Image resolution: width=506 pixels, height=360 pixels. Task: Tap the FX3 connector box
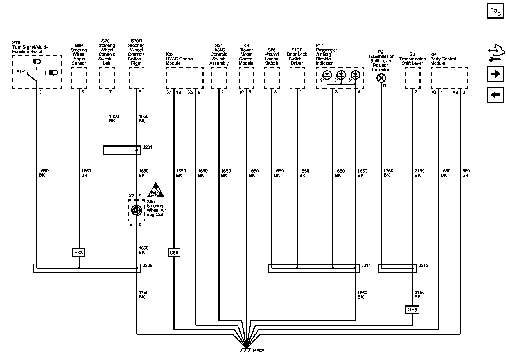(x=79, y=253)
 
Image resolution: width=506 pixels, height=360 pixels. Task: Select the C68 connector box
(x=174, y=253)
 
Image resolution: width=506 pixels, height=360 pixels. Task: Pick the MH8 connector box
(x=412, y=310)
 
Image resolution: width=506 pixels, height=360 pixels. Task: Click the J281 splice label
(x=148, y=147)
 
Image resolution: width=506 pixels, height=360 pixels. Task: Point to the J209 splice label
(x=148, y=265)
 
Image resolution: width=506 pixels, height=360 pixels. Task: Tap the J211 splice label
(x=366, y=265)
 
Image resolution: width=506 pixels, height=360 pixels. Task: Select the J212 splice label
(x=423, y=265)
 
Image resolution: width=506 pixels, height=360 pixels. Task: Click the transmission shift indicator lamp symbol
(x=381, y=78)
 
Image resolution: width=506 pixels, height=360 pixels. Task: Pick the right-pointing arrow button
(x=495, y=74)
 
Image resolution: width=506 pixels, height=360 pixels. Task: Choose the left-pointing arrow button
(x=495, y=95)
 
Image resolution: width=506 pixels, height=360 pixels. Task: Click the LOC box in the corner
(x=495, y=10)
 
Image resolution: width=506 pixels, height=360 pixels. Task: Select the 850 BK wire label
(x=466, y=173)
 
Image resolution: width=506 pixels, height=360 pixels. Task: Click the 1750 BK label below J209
(x=143, y=294)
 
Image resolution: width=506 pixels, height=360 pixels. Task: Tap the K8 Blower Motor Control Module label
(x=246, y=54)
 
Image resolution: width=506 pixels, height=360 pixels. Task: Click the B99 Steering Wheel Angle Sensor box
(x=79, y=78)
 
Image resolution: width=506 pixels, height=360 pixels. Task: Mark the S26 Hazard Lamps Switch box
(x=272, y=78)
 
